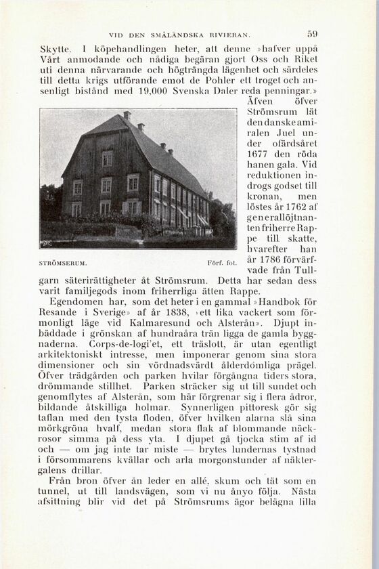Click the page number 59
tap(312, 32)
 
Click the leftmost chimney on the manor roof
tap(127, 116)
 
